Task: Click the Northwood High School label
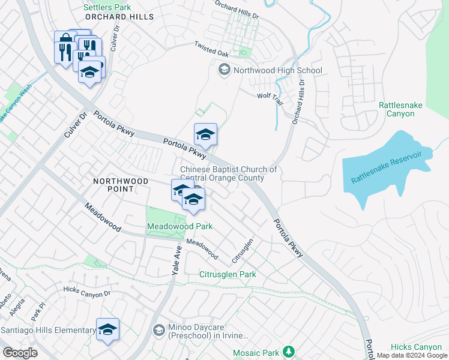pyautogui.click(x=277, y=70)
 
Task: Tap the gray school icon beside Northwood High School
pyautogui.click(x=224, y=70)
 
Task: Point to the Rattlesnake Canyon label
pyautogui.click(x=400, y=109)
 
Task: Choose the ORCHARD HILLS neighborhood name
pyautogui.click(x=112, y=17)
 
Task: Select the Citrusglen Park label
pyautogui.click(x=228, y=274)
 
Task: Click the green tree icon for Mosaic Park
pyautogui.click(x=289, y=350)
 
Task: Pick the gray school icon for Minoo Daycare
pyautogui.click(x=158, y=330)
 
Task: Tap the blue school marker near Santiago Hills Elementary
pyautogui.click(x=107, y=329)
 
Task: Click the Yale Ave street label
pyautogui.click(x=176, y=262)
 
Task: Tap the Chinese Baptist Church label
pyautogui.click(x=228, y=173)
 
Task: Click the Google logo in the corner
pyautogui.click(x=20, y=353)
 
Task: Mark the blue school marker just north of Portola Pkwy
pyautogui.click(x=205, y=135)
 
